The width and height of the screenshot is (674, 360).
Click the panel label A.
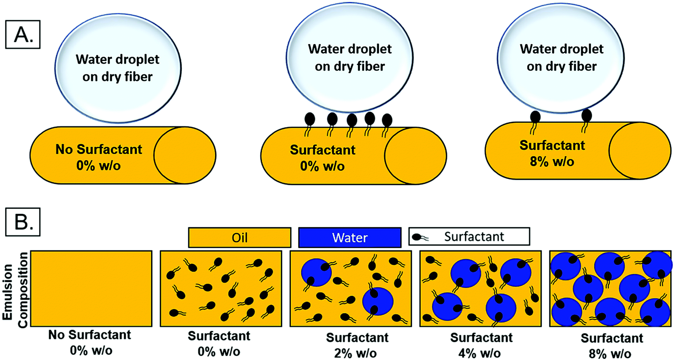23,35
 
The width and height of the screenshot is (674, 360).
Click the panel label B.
23,222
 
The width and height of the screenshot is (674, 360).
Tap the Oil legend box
240,238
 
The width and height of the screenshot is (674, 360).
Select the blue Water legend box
350,238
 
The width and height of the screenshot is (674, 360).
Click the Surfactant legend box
469,237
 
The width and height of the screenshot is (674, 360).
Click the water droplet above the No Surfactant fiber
118,68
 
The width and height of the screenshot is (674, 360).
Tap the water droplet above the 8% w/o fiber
561,58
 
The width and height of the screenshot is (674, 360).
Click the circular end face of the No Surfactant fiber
185,155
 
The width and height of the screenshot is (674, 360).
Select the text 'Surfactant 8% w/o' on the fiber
552,153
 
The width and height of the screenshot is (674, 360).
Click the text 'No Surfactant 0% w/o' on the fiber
98,157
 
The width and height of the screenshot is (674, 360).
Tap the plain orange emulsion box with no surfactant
91,289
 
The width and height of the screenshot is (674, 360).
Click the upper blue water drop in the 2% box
316,273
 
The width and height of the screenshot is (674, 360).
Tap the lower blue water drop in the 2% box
378,301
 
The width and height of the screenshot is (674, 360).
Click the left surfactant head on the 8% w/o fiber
535,117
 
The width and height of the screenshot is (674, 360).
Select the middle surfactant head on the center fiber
352,120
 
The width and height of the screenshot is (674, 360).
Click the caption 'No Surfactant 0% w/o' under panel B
90,343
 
